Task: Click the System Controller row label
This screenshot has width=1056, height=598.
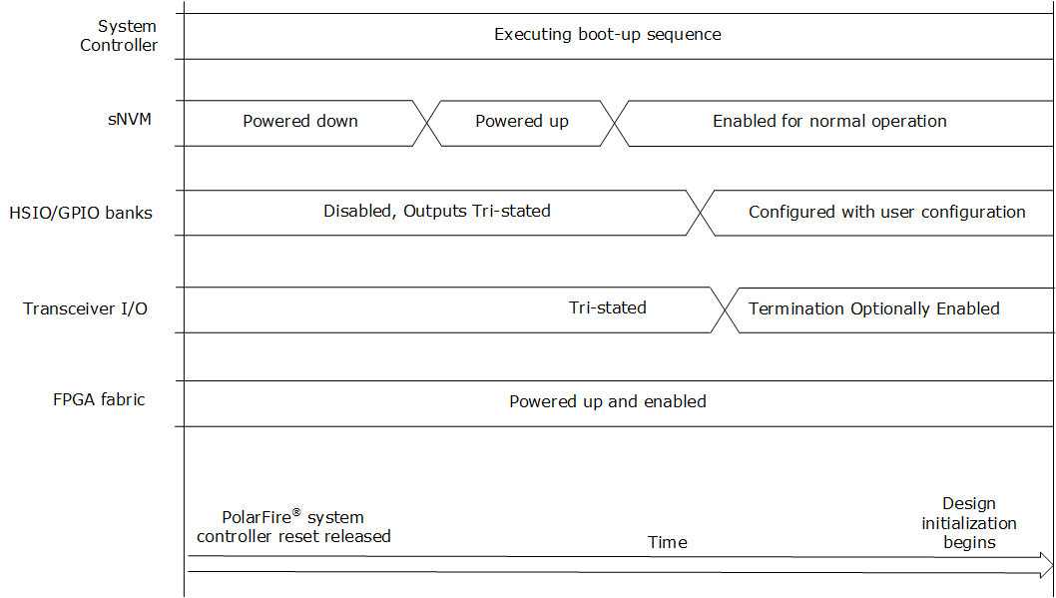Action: click(x=119, y=36)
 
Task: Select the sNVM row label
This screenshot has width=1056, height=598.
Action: click(x=130, y=119)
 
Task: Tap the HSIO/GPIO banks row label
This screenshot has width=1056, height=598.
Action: click(x=81, y=213)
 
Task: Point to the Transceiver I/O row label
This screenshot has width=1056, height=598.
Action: click(x=85, y=308)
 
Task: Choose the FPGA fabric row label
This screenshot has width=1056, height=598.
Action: click(x=99, y=399)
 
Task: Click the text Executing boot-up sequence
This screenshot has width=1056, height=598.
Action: click(x=608, y=34)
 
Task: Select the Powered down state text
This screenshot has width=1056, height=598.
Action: click(x=300, y=121)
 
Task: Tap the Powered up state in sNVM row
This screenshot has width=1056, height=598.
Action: click(x=522, y=121)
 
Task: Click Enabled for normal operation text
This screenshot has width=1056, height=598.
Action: click(x=829, y=121)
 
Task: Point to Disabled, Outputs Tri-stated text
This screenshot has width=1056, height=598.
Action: click(x=437, y=211)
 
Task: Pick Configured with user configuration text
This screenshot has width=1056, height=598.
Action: click(x=887, y=212)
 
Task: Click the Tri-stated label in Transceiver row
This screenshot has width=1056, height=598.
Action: click(x=608, y=307)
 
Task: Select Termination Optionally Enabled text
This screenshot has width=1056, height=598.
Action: click(x=874, y=308)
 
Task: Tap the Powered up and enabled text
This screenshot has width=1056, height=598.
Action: click(x=608, y=401)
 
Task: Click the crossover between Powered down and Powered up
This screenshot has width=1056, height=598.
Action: click(x=427, y=123)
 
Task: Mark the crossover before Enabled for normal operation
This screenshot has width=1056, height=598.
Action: click(x=614, y=123)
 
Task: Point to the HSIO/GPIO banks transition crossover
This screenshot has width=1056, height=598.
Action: click(x=701, y=213)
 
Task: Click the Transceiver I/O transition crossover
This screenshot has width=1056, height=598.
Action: click(x=725, y=309)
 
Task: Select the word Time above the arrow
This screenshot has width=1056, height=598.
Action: click(x=668, y=542)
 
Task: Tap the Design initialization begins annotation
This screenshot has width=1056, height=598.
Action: click(x=969, y=522)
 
